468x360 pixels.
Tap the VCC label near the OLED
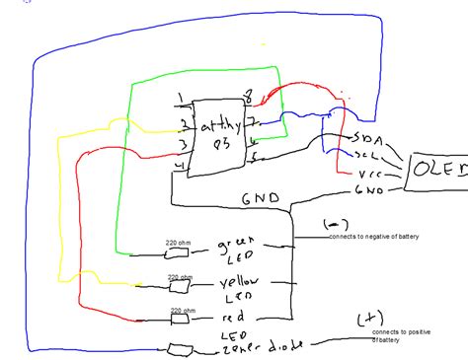(367, 173)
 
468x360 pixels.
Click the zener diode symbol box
(178, 349)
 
